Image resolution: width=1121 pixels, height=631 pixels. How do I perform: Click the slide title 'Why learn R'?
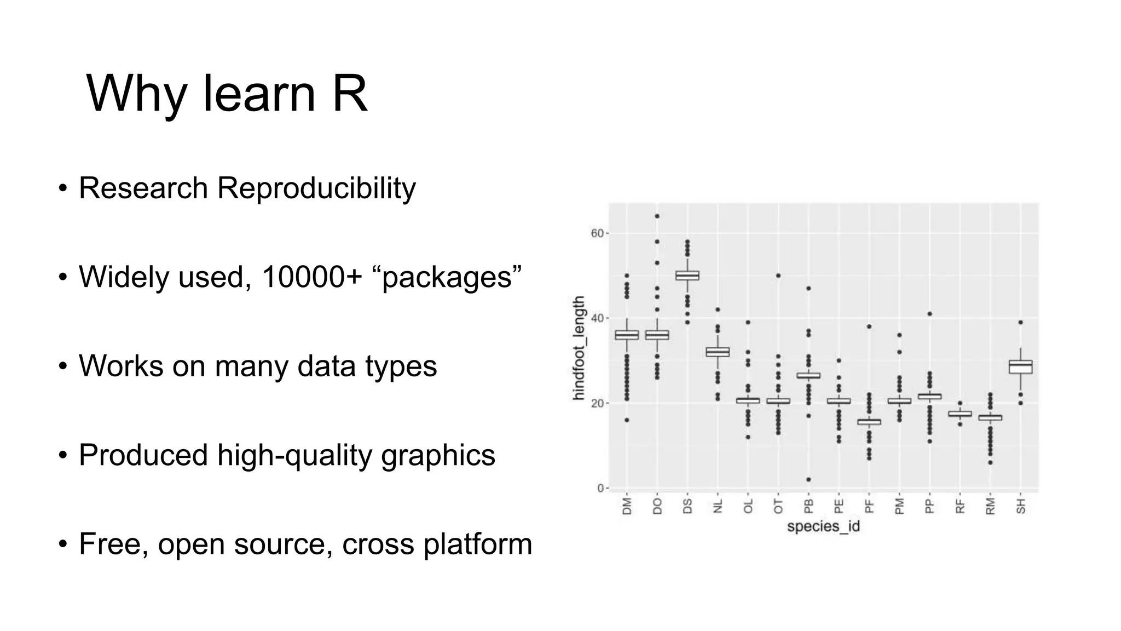coord(227,94)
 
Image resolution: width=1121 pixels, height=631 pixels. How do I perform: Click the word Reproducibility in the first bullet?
coord(316,188)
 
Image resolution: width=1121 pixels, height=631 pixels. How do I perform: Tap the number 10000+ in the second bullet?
coord(311,277)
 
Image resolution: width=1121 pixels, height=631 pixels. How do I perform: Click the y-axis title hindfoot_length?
coord(579,348)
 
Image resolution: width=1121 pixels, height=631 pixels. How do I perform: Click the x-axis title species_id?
coord(823,526)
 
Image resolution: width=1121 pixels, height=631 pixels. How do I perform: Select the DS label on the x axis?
coord(687,506)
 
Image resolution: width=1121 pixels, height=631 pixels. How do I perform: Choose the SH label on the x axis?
coord(1020,506)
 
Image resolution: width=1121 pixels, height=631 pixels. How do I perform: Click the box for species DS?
coord(687,276)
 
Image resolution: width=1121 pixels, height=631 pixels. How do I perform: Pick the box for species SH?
coord(1020,366)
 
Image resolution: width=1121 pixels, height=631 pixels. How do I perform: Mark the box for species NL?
coord(718,352)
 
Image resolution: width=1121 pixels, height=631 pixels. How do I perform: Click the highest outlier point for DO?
coord(657,216)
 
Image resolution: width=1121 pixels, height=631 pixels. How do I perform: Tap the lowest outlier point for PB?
coord(808,480)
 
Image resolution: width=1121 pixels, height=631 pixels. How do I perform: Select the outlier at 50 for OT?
coord(778,276)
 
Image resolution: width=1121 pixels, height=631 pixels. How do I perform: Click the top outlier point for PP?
coord(929,314)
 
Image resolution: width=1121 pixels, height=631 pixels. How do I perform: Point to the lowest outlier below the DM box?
coord(627,420)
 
